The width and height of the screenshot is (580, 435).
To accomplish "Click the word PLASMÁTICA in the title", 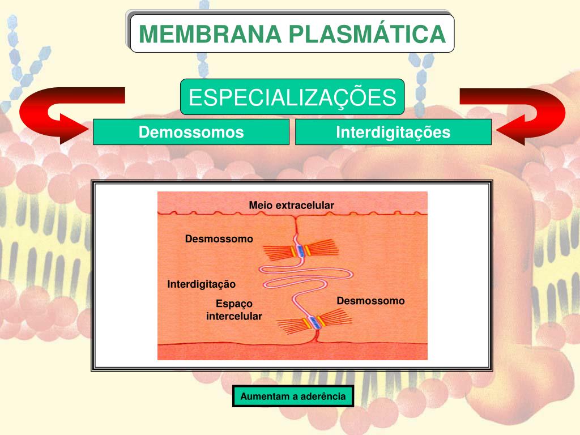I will (367, 34).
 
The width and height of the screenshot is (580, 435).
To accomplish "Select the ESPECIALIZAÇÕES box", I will (292, 97).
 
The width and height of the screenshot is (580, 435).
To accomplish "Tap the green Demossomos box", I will (191, 133).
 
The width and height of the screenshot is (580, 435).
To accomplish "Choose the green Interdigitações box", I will (393, 133).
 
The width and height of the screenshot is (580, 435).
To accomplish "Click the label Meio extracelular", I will (292, 205).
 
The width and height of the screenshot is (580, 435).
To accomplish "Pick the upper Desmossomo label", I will (219, 239).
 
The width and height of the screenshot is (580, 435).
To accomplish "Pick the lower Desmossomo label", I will (370, 301).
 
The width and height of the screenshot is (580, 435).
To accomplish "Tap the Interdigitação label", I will (201, 284).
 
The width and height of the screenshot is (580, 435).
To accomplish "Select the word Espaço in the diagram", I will (234, 304).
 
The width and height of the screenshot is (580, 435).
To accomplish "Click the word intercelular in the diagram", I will (234, 316).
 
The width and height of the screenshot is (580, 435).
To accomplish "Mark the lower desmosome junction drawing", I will (314, 323).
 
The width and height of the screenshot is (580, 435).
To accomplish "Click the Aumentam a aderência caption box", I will (293, 396).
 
